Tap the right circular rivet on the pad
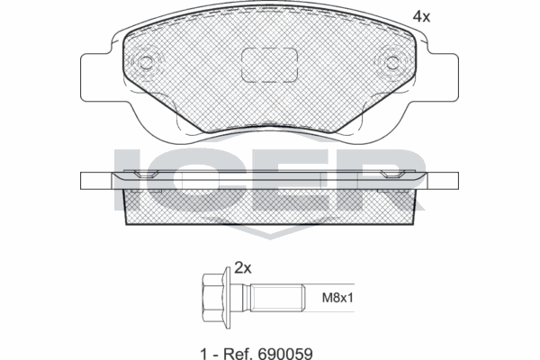tap(393, 62)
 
